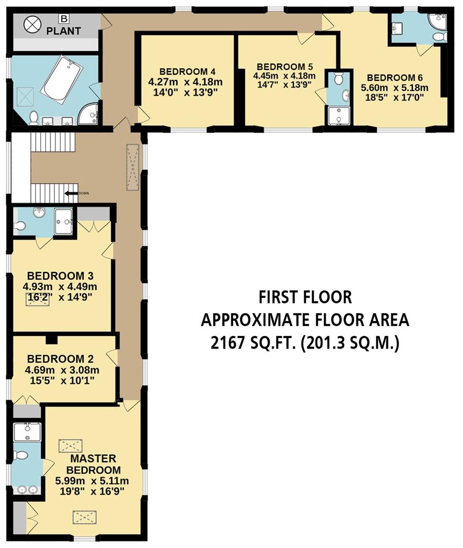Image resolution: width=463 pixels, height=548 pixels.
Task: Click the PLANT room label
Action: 63,31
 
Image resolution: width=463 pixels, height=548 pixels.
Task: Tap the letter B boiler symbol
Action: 63,19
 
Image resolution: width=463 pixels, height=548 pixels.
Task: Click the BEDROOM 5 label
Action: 284,67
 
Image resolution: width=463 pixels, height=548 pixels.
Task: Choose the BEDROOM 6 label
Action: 394,78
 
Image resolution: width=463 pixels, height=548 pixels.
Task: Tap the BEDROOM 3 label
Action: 60,276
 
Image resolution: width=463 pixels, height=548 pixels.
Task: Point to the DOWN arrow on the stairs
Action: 71,193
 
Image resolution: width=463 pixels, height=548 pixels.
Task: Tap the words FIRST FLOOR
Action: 305,296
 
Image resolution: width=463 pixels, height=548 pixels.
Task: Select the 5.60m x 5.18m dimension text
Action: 394,87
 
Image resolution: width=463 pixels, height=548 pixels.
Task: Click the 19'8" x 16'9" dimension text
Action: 90,491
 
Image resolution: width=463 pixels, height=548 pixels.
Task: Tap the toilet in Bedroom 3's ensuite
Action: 20,226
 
